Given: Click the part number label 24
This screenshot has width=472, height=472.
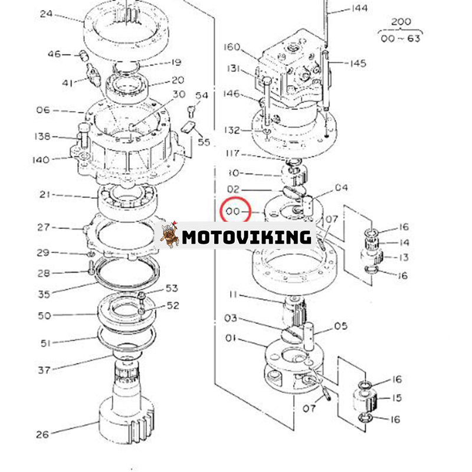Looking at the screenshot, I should click(46, 12).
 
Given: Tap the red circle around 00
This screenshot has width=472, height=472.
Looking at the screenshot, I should click(235, 211).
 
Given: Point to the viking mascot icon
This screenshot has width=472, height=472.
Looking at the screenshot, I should click(169, 235).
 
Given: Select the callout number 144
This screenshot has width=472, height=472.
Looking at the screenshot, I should click(359, 8).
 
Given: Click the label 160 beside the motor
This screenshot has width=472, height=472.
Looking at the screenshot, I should click(233, 47).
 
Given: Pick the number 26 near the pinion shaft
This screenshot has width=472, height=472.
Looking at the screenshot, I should click(42, 435).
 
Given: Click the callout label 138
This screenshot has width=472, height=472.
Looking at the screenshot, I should click(42, 136).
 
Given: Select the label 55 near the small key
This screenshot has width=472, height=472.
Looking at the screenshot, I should click(204, 142).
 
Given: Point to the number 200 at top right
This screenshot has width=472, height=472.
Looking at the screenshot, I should click(401, 22).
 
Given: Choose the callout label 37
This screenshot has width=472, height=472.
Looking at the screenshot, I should click(44, 370).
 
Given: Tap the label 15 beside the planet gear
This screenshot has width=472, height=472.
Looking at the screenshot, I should click(396, 398).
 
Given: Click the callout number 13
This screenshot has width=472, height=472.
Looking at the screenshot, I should click(404, 257).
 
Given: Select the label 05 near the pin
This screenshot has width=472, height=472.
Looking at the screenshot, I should click(341, 326).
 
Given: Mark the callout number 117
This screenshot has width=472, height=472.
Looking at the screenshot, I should click(232, 153).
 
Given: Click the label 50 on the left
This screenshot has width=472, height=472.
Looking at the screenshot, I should click(44, 316).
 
